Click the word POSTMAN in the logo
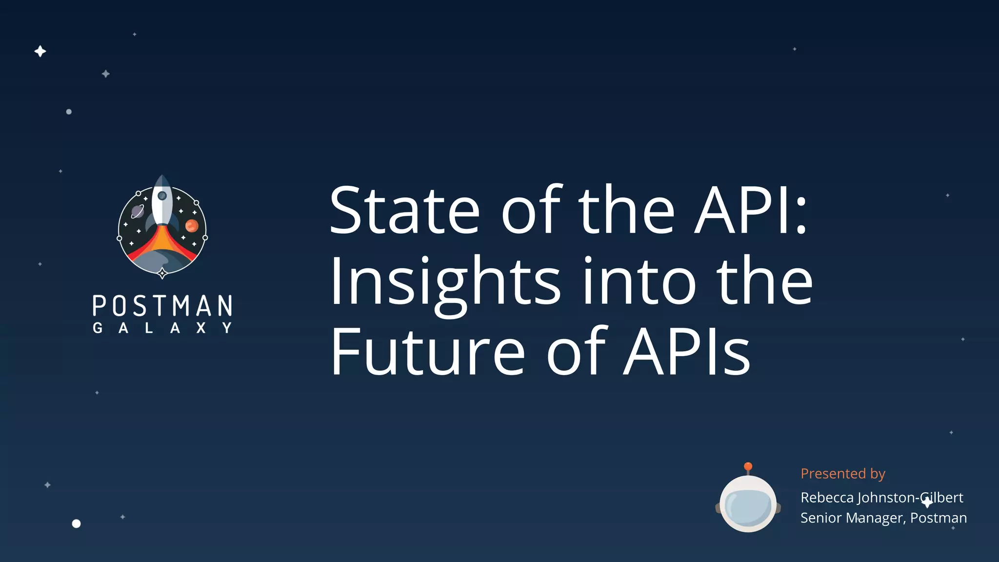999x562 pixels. [x=162, y=306]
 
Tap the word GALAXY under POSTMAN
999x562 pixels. [x=162, y=328]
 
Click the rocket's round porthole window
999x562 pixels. [x=162, y=196]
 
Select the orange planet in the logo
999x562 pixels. [x=192, y=226]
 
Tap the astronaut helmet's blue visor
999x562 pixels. [x=748, y=507]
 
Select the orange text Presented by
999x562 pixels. [x=842, y=474]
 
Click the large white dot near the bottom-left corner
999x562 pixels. [x=76, y=523]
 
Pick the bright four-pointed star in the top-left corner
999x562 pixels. [x=40, y=51]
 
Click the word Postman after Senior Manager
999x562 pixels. [x=939, y=518]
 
